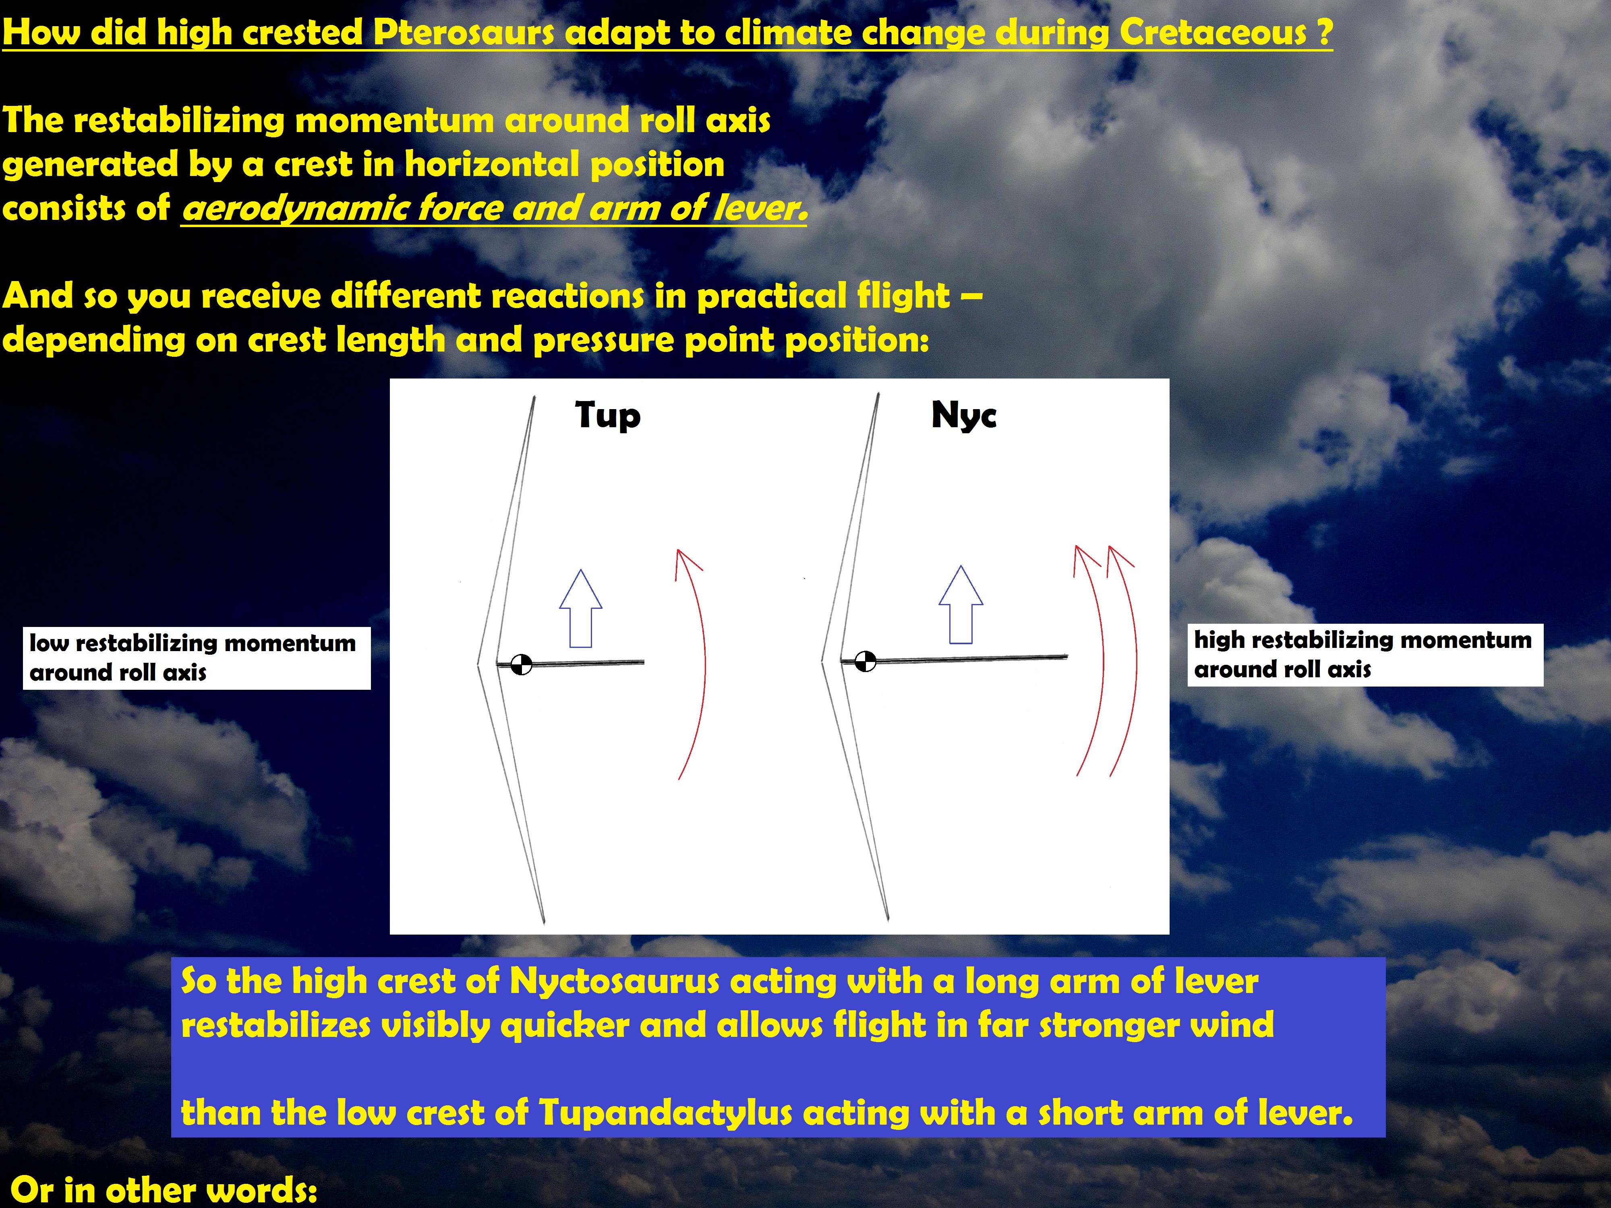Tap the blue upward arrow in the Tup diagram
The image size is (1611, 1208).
pos(580,608)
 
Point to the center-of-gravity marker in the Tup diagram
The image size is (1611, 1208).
pos(522,664)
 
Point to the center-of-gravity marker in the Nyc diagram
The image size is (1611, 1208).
pos(865,661)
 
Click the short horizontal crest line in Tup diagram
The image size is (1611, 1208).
pos(570,663)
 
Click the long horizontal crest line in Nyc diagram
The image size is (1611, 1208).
pos(954,659)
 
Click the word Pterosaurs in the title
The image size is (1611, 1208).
pos(464,33)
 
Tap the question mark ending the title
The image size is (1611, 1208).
pos(1325,33)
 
